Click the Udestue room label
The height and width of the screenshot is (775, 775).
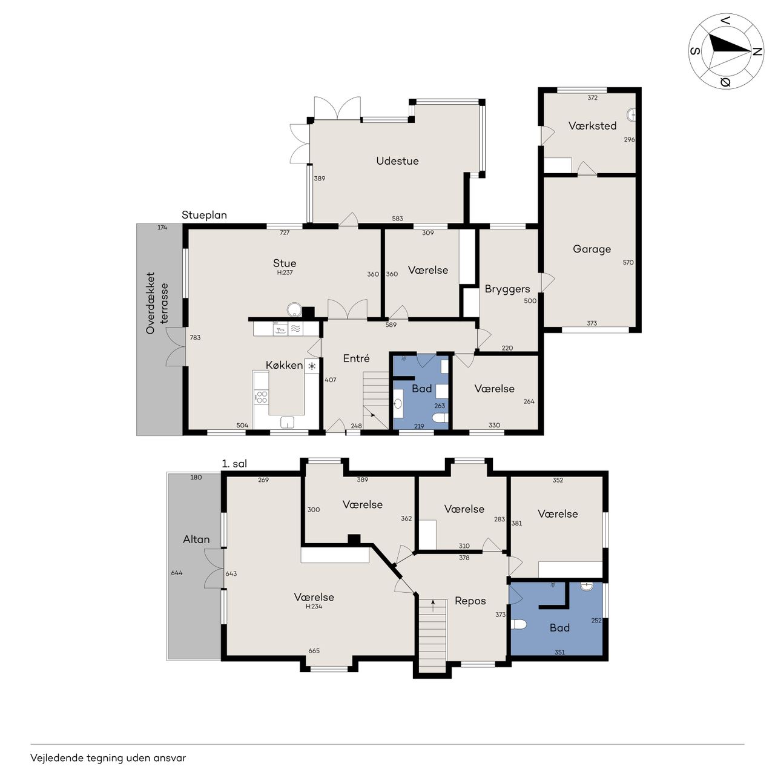point(397,161)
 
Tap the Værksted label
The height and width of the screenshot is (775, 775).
point(592,126)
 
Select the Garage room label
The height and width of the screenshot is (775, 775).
point(592,249)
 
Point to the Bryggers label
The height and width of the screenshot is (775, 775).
point(507,289)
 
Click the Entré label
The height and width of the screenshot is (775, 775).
point(356,358)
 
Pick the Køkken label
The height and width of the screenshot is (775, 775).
point(284,365)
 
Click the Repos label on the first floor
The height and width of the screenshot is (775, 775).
point(470,601)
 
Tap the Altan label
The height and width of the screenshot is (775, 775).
point(196,539)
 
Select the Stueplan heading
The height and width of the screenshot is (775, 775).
point(204,215)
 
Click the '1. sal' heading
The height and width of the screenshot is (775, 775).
point(234,464)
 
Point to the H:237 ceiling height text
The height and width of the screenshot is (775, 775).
point(285,272)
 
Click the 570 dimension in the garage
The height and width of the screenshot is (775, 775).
point(628,262)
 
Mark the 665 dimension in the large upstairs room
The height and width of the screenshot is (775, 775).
point(314,651)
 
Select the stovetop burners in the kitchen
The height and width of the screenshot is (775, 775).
point(262,397)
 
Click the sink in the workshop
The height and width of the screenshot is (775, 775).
point(632,115)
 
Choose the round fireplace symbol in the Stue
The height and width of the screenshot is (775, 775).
point(294,309)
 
